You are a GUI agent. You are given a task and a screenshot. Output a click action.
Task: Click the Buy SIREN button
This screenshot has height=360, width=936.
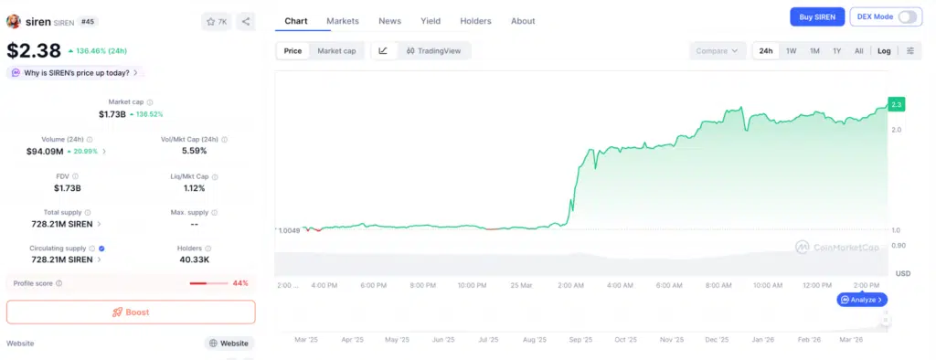[x=816, y=17]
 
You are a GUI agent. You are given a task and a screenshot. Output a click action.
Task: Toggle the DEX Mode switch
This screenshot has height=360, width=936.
[x=908, y=17]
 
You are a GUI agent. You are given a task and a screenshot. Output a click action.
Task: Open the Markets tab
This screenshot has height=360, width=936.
[x=343, y=21]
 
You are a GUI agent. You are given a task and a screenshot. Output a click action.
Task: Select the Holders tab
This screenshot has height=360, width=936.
[x=475, y=21]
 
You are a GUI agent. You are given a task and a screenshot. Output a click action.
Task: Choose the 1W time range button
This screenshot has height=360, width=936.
[x=791, y=51]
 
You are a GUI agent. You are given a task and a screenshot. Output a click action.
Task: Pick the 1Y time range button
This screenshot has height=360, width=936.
[x=836, y=51]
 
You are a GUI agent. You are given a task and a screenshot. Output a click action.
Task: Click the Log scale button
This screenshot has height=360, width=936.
[x=884, y=51]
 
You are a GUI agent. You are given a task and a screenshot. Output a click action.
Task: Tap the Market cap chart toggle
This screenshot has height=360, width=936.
[x=336, y=51]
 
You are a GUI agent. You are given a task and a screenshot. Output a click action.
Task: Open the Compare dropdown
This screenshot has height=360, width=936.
[x=717, y=51]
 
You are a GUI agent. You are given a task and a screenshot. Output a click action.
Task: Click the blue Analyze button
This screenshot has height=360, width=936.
[x=862, y=300]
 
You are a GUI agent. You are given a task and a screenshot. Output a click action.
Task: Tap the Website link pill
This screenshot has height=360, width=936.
[x=229, y=344]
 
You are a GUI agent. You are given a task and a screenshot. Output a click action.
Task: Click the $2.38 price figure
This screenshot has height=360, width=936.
[x=34, y=51]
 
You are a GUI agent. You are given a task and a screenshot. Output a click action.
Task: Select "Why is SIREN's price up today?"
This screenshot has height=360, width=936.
[x=75, y=72]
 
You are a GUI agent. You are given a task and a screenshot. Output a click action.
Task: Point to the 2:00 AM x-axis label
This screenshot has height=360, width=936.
[x=570, y=285]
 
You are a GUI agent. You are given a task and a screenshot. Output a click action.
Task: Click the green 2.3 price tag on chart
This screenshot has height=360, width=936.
[x=897, y=104]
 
